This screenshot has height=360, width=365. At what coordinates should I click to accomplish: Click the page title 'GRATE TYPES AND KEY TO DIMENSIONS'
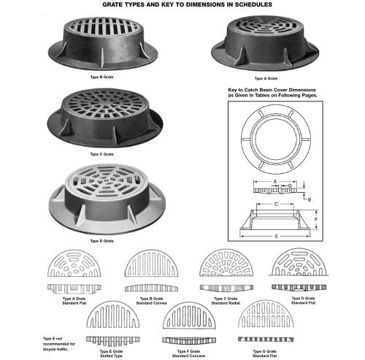point(182,4)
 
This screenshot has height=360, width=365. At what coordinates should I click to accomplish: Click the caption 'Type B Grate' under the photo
point(102,76)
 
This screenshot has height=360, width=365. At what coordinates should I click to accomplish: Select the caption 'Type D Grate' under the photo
point(102,240)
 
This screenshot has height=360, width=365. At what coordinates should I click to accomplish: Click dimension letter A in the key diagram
point(274,180)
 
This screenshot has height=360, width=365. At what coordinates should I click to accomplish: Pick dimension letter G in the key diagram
point(290,186)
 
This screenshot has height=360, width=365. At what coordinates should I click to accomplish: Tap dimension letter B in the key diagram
point(309,199)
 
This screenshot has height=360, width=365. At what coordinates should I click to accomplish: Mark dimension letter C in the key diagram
point(274,204)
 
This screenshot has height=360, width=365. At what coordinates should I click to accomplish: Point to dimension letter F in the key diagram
point(316,218)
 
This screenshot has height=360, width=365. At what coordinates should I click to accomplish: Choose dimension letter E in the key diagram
point(274,237)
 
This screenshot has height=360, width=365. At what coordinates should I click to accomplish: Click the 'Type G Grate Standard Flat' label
point(264,353)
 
